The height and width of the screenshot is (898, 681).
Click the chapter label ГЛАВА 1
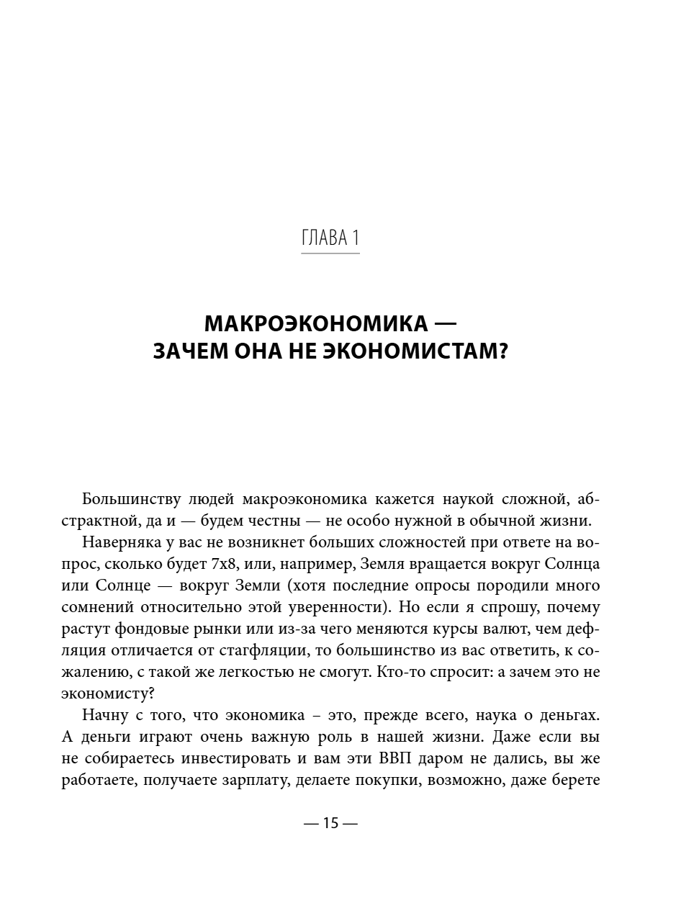(330, 238)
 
